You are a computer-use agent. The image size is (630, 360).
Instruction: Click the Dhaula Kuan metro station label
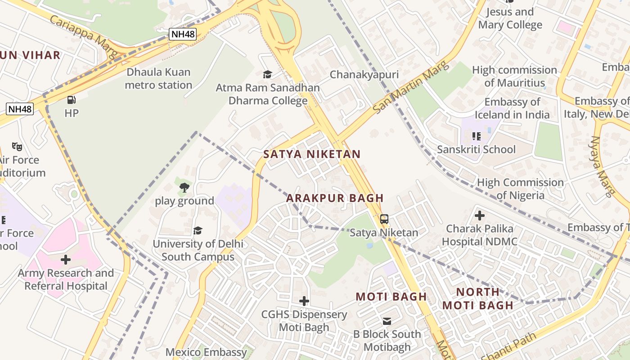158,79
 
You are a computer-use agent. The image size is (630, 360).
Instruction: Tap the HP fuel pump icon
71,100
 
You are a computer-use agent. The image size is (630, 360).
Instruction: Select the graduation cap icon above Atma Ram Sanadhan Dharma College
268,74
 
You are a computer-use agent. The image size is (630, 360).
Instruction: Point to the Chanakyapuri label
364,75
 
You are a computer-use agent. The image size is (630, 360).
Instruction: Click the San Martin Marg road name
411,88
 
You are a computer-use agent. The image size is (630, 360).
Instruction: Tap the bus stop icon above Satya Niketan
384,219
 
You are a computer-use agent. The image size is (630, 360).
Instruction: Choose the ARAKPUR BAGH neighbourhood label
335,198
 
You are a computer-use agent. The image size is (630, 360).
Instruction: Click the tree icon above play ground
184,188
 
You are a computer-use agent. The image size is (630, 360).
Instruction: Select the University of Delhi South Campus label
198,250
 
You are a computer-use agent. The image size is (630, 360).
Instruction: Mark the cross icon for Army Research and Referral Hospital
66,260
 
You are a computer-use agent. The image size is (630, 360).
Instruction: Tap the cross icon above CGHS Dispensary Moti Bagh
304,301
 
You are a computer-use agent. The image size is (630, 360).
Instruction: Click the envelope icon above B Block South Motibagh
387,321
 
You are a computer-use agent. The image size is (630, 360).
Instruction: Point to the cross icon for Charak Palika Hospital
480,216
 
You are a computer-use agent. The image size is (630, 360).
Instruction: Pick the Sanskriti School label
476,149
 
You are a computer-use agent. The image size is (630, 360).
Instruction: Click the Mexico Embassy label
206,352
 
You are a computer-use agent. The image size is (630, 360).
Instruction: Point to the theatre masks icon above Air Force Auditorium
17,146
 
